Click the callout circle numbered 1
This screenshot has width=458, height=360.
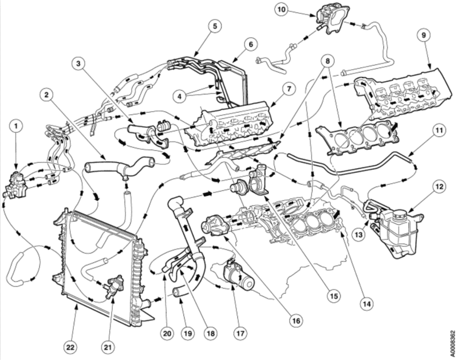pos(17,124)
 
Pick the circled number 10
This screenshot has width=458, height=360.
pos(281,9)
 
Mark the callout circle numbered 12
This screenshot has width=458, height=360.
pos(439,187)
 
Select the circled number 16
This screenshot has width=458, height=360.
pos(295,321)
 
